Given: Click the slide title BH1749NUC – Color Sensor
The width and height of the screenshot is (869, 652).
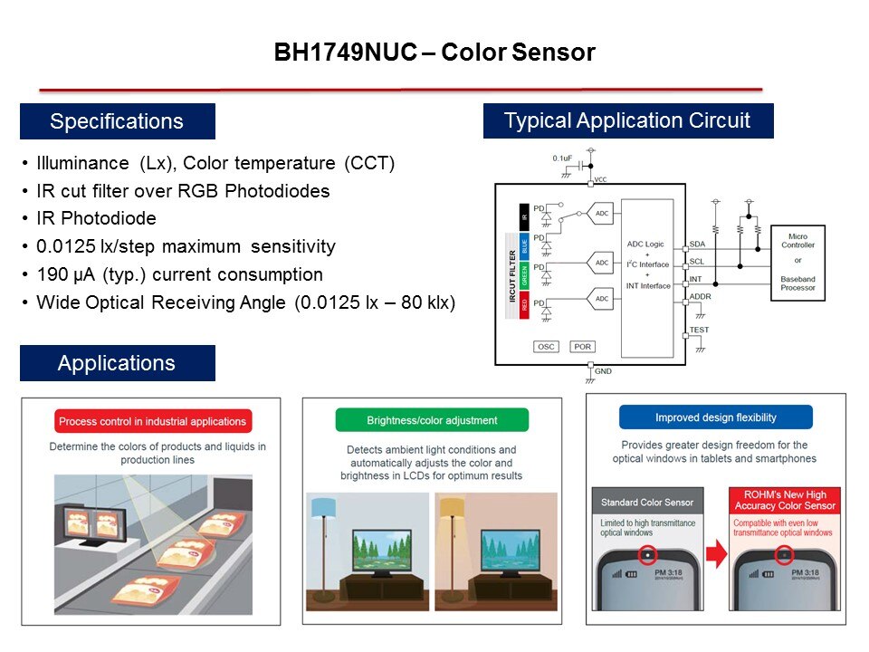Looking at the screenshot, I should (x=434, y=53).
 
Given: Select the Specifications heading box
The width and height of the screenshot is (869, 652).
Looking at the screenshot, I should (x=117, y=121).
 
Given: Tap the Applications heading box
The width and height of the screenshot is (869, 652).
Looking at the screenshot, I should (x=117, y=363).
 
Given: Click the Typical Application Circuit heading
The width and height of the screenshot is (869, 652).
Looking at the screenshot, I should (x=627, y=120).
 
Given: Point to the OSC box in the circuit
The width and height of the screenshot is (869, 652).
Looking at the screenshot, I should (x=546, y=347).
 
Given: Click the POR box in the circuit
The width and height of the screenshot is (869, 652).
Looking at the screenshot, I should (x=582, y=347).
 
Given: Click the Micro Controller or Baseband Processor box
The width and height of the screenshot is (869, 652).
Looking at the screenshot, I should (x=797, y=261).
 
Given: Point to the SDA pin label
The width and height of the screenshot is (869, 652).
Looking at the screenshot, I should (x=697, y=244).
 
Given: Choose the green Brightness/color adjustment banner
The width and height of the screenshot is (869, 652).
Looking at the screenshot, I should (x=432, y=420).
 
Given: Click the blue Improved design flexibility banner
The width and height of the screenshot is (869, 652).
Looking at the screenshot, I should (x=715, y=417).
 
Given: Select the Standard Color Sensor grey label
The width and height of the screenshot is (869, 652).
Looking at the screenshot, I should (x=647, y=502).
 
